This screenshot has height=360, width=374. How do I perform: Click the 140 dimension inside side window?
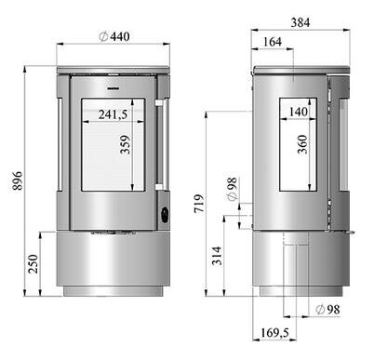click(x=298, y=112)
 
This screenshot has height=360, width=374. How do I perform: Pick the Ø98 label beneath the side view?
click(x=327, y=308)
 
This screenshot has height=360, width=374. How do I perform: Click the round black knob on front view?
click(x=165, y=213)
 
